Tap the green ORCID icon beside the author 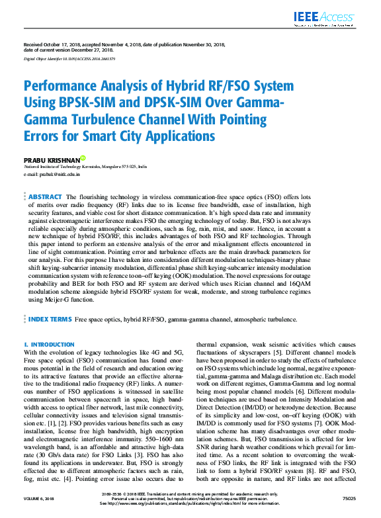[82, 158]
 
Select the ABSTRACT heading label [46, 197]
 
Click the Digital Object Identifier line [69, 59]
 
